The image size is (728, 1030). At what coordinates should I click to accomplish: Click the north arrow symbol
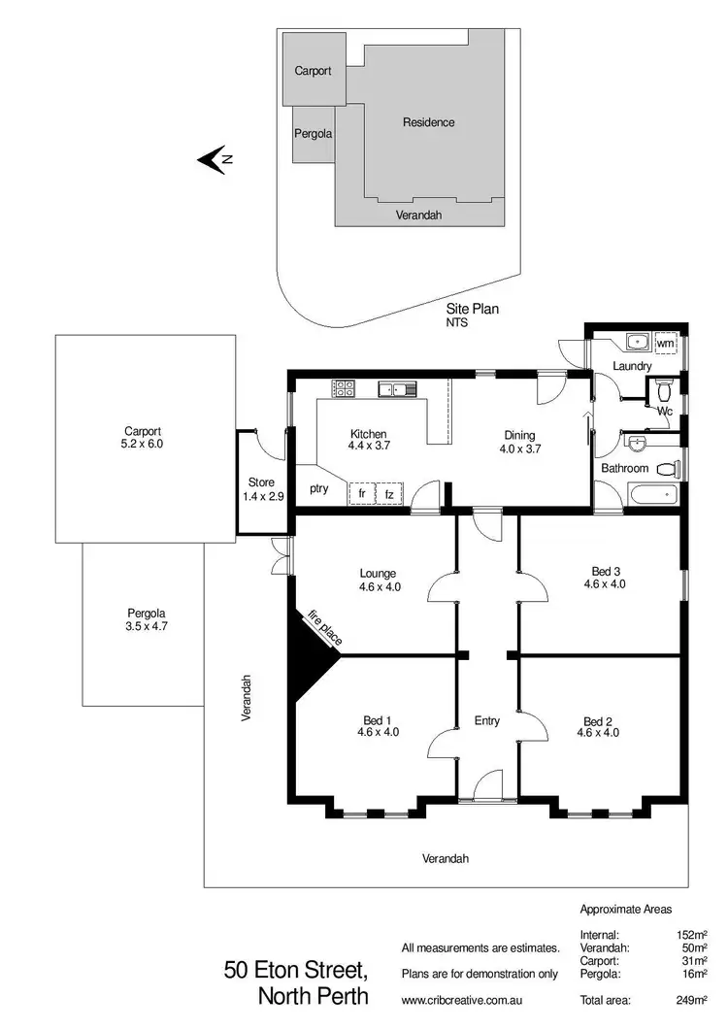tap(213, 159)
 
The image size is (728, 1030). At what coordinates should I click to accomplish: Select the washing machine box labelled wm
tap(665, 343)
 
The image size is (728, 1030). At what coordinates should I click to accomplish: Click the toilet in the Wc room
tap(664, 391)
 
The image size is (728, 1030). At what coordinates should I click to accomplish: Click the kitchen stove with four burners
tap(344, 388)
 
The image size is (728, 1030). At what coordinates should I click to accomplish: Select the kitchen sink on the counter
tap(397, 389)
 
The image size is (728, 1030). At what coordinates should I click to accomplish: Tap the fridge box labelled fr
tap(362, 493)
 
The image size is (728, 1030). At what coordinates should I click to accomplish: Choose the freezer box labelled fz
tap(389, 493)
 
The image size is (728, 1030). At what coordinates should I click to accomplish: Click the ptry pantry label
tap(318, 488)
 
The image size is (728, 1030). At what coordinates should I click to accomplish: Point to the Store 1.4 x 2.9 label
tap(261, 488)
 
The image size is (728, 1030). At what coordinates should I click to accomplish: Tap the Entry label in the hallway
tap(486, 720)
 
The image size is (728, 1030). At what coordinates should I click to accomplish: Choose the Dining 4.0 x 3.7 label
tap(519, 442)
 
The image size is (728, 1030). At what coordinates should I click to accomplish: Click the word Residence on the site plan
tap(428, 122)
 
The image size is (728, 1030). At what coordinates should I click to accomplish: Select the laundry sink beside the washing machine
tap(636, 342)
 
